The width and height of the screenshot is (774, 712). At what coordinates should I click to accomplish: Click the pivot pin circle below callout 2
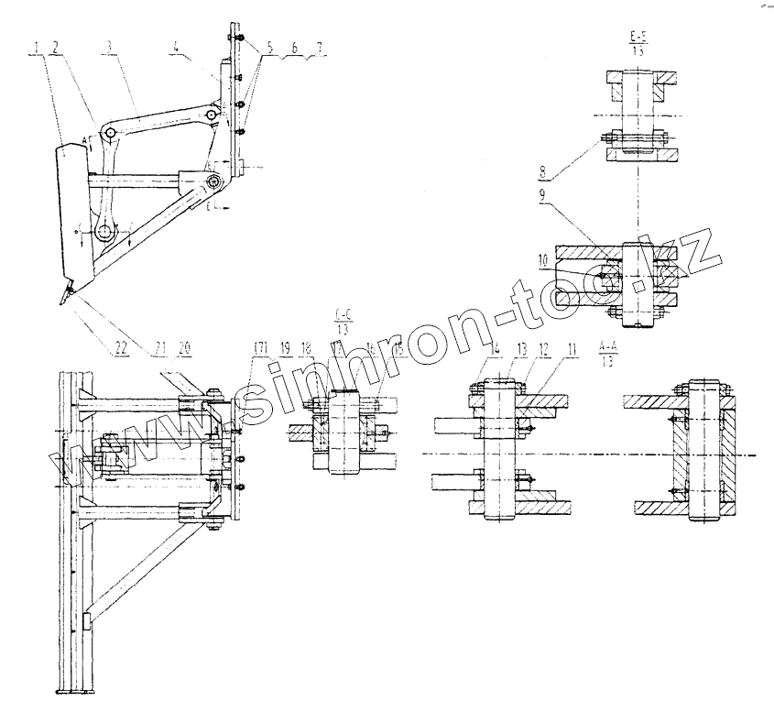pyautogui.click(x=110, y=136)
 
